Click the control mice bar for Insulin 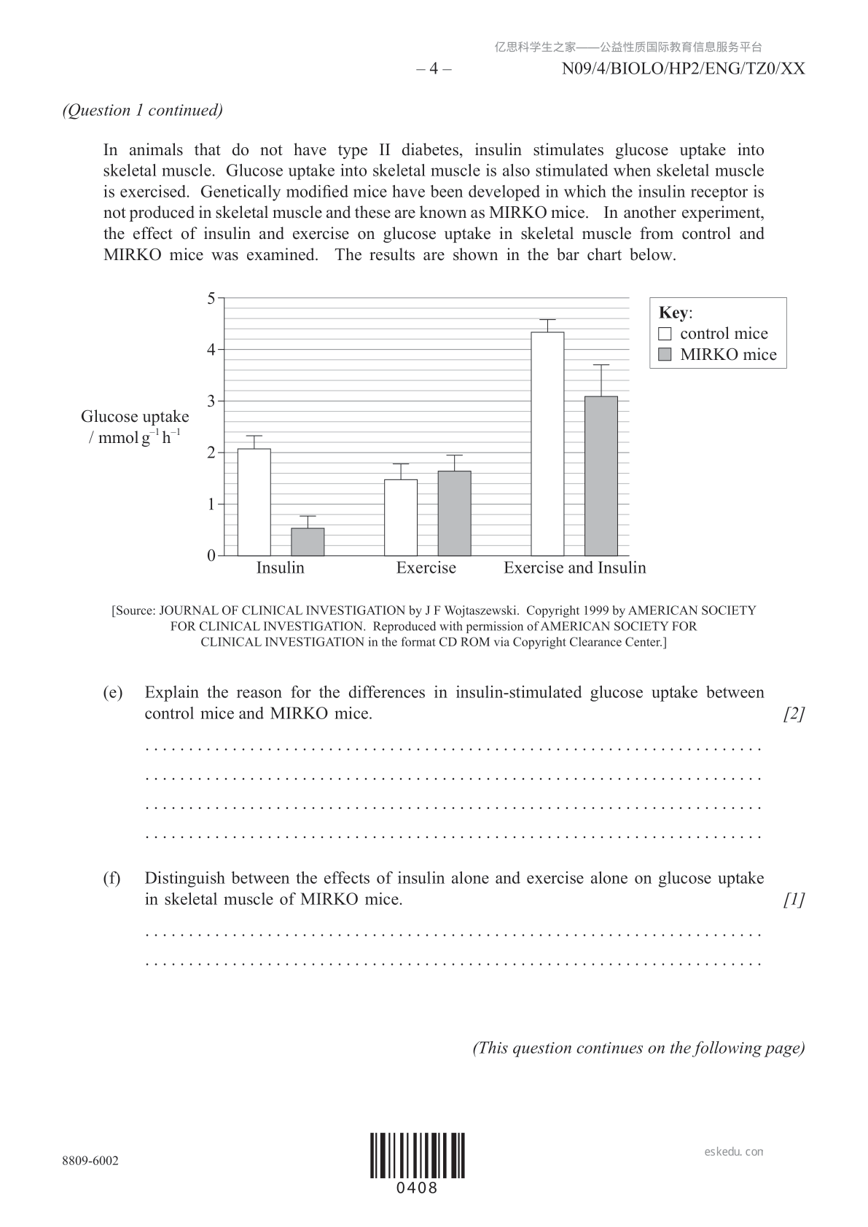[x=254, y=502]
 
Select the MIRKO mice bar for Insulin [x=308, y=541]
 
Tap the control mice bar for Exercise [x=401, y=517]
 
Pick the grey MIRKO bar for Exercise [x=454, y=513]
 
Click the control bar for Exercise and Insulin [x=547, y=444]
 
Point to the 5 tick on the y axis [x=211, y=298]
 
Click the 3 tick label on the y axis [x=211, y=401]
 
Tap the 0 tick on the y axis [x=211, y=555]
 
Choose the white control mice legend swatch [x=665, y=334]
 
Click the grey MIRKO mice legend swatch [x=665, y=355]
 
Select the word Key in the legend [x=673, y=313]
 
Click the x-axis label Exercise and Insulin [x=574, y=568]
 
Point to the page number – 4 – [x=434, y=68]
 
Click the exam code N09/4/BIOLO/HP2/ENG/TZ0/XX [x=684, y=68]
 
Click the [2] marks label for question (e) [x=794, y=713]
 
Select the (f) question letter [x=112, y=878]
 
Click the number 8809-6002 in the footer [x=90, y=1161]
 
